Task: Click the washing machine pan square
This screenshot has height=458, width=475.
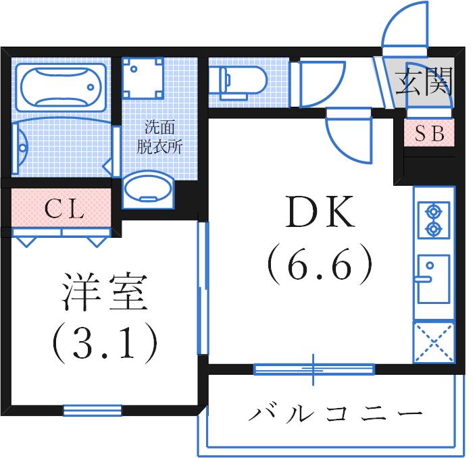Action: click(x=144, y=78)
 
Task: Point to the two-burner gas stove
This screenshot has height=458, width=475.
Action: click(x=432, y=220)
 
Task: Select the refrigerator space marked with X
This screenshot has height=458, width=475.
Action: click(x=433, y=342)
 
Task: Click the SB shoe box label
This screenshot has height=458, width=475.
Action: click(x=429, y=134)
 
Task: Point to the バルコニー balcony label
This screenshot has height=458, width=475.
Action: click(x=335, y=412)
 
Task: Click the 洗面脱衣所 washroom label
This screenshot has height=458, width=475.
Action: click(x=159, y=137)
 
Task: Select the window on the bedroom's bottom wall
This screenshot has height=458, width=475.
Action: click(x=93, y=409)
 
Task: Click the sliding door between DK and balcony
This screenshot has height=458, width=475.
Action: click(x=314, y=369)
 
